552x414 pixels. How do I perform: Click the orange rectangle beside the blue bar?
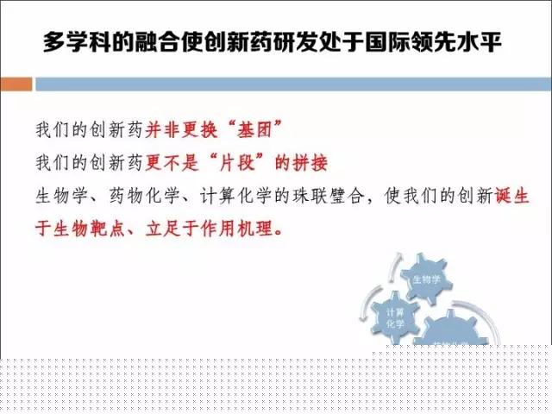[16, 85]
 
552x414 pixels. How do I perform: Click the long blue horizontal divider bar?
[293, 85]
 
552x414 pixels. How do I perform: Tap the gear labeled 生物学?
[426, 279]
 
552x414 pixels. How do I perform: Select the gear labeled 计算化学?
[395, 317]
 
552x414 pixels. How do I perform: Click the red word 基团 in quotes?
[255, 130]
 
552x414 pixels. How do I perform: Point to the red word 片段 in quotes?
[237, 163]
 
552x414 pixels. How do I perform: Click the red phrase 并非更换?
[181, 130]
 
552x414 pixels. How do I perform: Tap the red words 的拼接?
[301, 163]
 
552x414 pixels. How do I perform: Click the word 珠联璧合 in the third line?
[329, 196]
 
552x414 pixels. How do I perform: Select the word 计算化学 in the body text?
[235, 196]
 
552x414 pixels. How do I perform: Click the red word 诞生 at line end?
[512, 196]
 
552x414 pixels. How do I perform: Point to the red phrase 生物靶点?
[90, 229]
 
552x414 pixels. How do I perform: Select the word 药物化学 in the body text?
[145, 196]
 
